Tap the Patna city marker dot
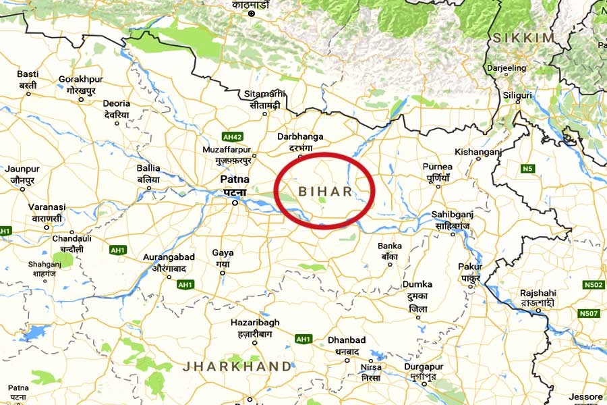(235, 202)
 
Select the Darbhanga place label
(301, 136)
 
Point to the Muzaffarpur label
(227, 149)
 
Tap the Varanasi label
(47, 207)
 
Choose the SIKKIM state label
(523, 38)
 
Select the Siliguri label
(517, 96)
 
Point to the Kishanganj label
(478, 153)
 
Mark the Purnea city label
(437, 166)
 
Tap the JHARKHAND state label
(238, 367)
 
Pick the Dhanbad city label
(347, 340)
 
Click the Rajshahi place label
(538, 294)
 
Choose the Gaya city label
(223, 253)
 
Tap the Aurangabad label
(169, 257)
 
